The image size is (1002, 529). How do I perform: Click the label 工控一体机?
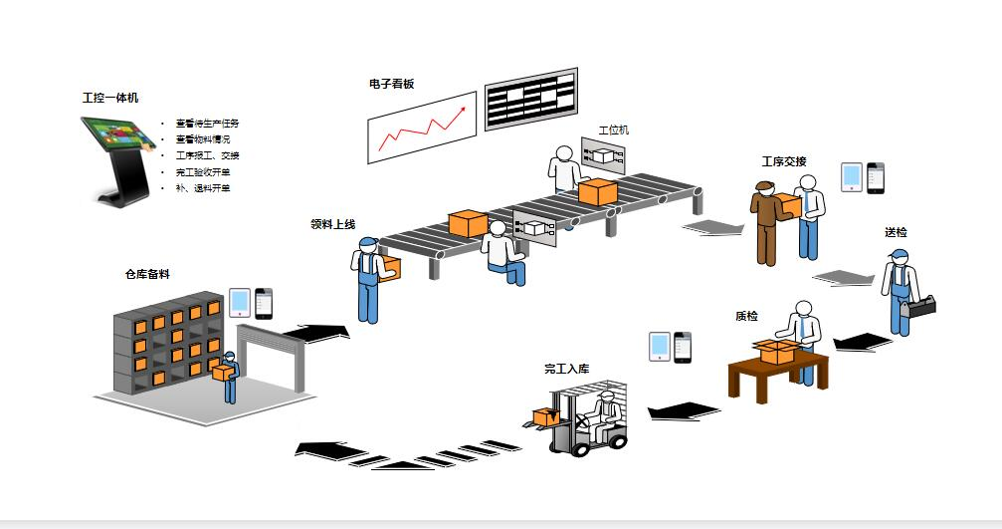pyautogui.click(x=110, y=98)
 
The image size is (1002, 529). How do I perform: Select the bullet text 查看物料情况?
pyautogui.click(x=203, y=139)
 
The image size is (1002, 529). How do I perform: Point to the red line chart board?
pyautogui.click(x=421, y=128)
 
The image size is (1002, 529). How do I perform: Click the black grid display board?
pyautogui.click(x=530, y=99)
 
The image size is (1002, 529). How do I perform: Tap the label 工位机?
pyautogui.click(x=613, y=130)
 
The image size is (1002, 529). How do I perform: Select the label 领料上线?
pyautogui.click(x=333, y=224)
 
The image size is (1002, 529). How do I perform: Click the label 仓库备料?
pyautogui.click(x=147, y=274)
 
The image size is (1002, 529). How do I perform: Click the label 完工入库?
pyautogui.click(x=566, y=369)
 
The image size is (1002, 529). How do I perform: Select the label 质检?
pyautogui.click(x=746, y=316)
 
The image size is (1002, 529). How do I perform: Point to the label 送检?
pyautogui.click(x=896, y=232)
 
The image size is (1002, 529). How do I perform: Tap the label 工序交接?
pyautogui.click(x=784, y=161)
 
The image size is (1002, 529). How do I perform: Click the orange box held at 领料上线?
pyautogui.click(x=389, y=268)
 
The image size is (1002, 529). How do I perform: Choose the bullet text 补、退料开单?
pyautogui.click(x=203, y=187)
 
